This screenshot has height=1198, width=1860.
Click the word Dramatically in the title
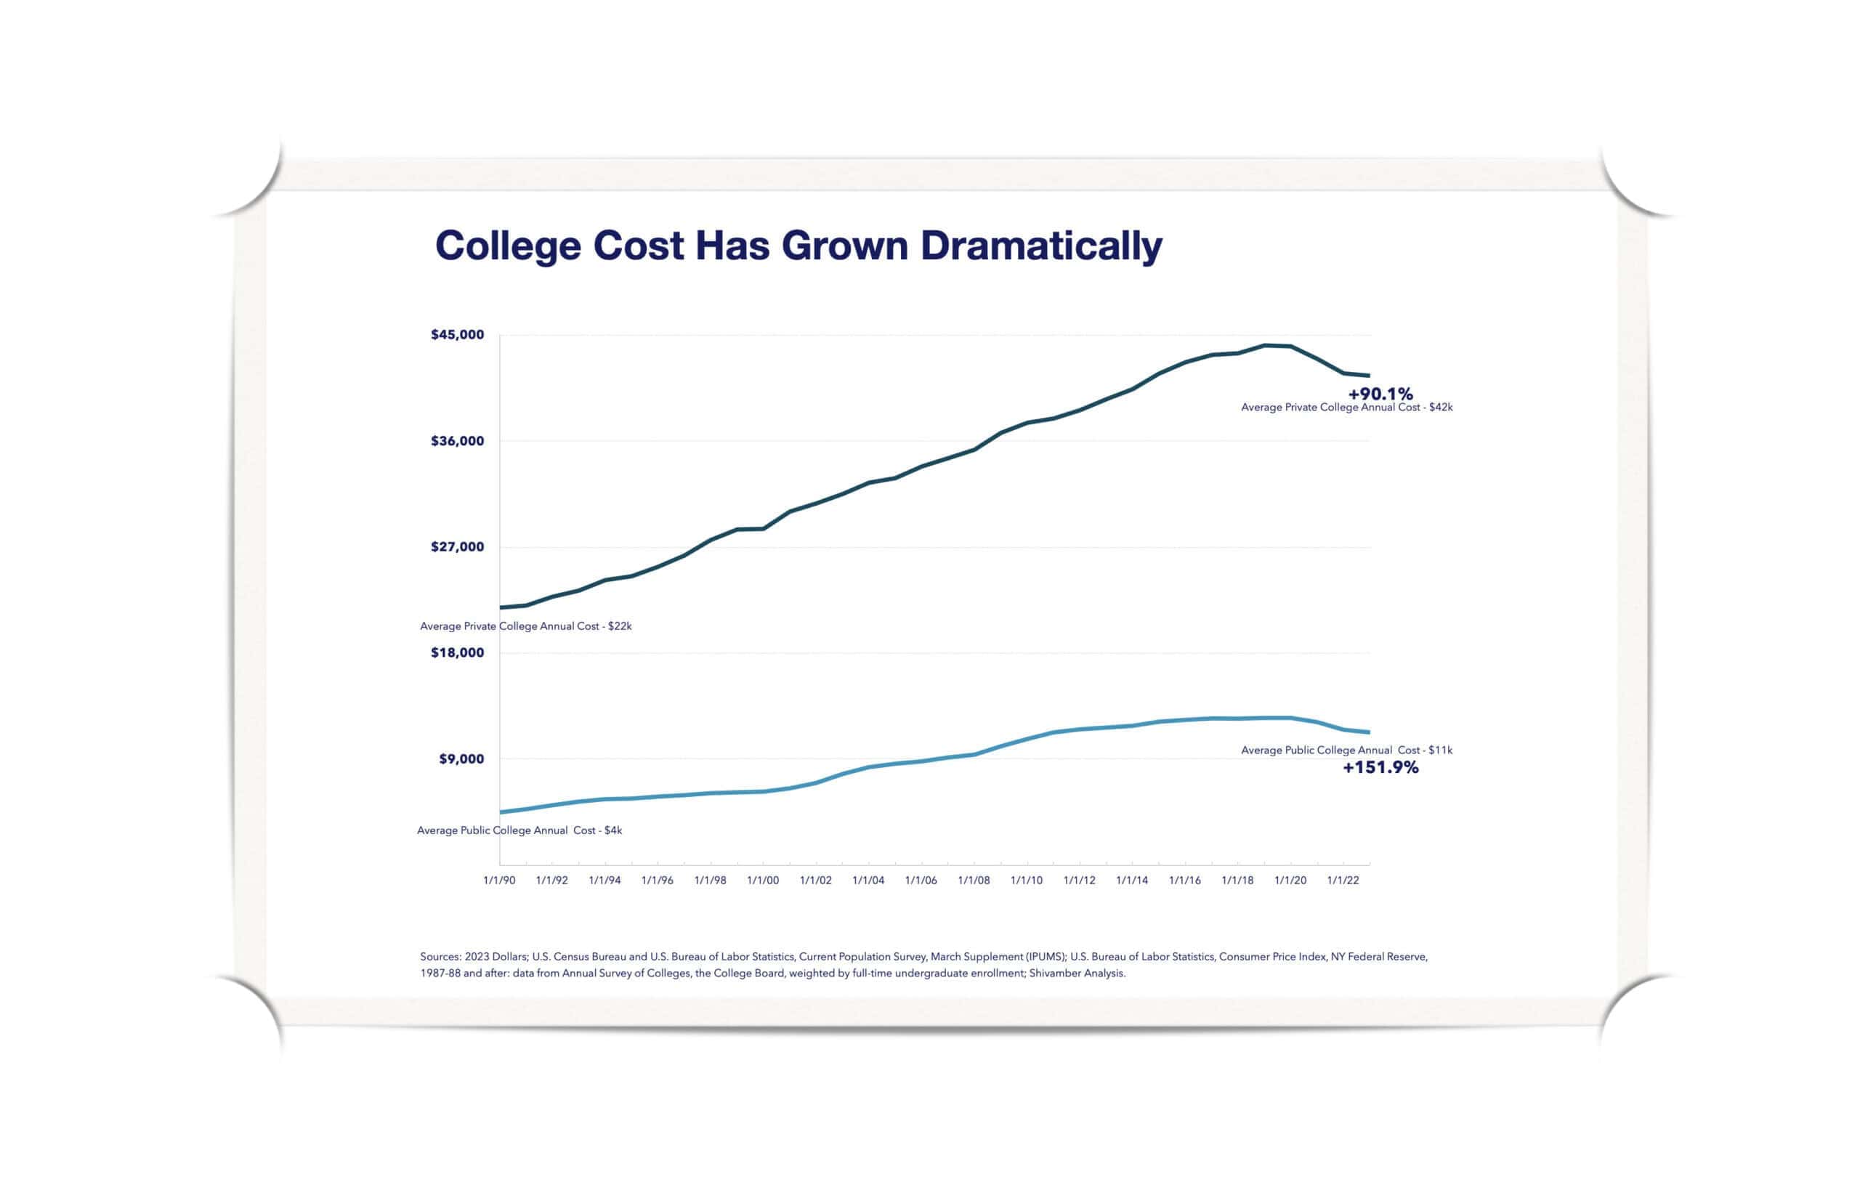[1041, 246]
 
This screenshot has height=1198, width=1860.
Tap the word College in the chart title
[507, 246]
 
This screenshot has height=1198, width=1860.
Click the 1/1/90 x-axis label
[498, 880]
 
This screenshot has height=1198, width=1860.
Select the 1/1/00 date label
[762, 880]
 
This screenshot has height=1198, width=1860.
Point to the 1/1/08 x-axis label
[973, 880]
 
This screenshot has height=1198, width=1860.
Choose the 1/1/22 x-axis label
[1343, 880]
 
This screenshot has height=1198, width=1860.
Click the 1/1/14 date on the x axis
[1132, 880]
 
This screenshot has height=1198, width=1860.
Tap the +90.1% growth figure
[1380, 394]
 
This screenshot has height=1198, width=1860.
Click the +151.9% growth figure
[1380, 768]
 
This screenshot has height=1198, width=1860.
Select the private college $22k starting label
[525, 626]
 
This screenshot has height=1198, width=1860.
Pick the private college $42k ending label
[1346, 408]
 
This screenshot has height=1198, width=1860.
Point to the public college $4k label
[519, 831]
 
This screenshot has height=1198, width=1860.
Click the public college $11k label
[1346, 750]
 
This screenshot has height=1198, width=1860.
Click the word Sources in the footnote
[440, 957]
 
